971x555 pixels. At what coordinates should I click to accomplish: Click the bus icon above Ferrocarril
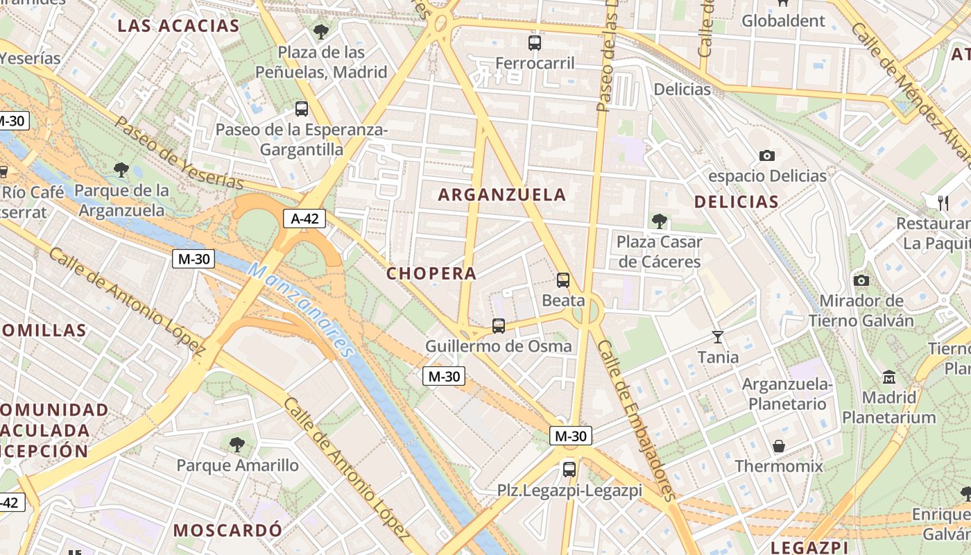535,43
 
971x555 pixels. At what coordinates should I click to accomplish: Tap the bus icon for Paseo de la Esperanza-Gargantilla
301,109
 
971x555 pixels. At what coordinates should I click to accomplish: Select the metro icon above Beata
563,280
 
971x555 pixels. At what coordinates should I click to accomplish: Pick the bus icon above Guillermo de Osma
498,325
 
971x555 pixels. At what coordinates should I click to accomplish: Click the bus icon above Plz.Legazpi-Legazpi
569,470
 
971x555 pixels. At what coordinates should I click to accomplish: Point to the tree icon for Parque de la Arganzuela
121,169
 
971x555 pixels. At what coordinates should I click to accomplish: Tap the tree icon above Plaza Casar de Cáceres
659,221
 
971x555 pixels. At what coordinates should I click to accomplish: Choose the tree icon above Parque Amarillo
237,444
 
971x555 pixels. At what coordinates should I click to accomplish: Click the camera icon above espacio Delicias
767,155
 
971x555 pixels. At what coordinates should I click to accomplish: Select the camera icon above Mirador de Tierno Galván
861,280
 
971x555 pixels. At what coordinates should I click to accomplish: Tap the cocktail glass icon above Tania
718,337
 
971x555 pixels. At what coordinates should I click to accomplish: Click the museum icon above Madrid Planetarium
888,377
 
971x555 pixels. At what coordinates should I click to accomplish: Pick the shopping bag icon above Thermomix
779,445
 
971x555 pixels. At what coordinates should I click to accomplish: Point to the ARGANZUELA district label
502,195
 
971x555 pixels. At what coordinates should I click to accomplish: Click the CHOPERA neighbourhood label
431,273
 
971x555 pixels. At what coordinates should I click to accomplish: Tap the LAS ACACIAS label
178,26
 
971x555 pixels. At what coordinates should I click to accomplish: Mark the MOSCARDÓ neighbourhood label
227,530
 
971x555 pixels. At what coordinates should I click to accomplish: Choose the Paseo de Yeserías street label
178,153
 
